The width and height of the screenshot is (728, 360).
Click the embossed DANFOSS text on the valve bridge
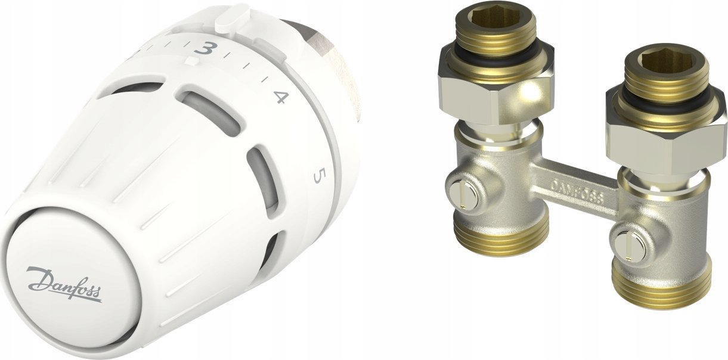coord(576,190)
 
